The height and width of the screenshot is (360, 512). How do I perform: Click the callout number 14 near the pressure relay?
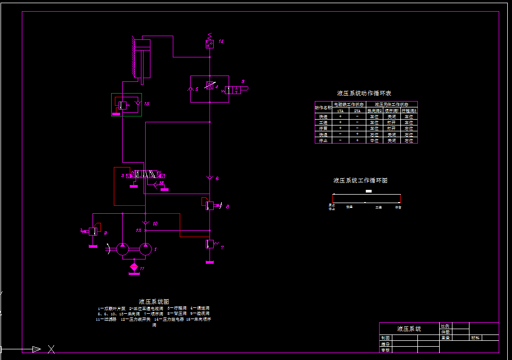[x=221, y=41]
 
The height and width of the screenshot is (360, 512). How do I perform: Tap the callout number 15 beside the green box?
[x=147, y=104]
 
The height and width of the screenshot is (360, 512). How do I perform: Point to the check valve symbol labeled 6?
[x=210, y=177]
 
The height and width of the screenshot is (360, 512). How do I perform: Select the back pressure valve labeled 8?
[x=209, y=205]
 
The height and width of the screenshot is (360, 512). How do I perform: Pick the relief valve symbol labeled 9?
[x=93, y=231]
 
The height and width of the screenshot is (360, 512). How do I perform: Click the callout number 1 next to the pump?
[x=155, y=248]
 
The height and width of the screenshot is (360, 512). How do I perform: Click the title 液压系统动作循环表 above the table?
[x=364, y=94]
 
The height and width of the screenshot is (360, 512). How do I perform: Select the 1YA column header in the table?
[x=340, y=111]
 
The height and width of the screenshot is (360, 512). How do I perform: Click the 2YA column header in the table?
[x=357, y=111]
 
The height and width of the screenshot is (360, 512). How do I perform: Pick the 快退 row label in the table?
[x=323, y=135]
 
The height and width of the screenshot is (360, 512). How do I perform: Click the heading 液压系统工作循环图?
[x=360, y=181]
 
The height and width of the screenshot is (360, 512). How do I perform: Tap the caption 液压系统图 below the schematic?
[x=154, y=302]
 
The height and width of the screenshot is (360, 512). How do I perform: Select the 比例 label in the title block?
[x=446, y=326]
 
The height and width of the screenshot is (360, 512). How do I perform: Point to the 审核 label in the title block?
[x=385, y=350]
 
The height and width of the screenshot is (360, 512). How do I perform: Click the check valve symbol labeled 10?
[x=145, y=223]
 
